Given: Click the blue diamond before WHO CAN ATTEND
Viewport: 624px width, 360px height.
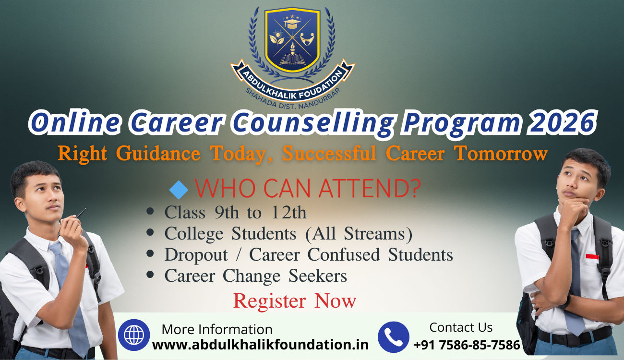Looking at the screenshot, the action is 179,190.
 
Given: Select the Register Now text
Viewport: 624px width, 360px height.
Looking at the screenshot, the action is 294,301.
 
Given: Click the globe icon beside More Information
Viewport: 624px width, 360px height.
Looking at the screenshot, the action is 134,335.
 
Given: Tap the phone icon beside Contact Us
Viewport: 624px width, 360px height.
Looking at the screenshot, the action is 393,337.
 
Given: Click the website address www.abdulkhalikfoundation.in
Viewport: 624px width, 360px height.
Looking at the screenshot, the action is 261,345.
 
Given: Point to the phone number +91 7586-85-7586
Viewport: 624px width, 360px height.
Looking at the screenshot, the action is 467,345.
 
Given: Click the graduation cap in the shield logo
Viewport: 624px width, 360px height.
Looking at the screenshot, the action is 292,23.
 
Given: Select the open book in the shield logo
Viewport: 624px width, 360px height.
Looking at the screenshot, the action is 292,60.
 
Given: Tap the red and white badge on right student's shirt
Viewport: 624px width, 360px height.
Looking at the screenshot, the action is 592,258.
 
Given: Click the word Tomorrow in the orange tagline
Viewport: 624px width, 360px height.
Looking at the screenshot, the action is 500,154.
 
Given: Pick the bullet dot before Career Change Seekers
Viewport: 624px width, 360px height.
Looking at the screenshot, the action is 150,275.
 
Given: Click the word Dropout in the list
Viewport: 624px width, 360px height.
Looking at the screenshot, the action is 196,255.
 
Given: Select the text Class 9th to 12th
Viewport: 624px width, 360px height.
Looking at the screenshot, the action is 235,213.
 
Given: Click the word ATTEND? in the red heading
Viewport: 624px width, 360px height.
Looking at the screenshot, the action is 370,189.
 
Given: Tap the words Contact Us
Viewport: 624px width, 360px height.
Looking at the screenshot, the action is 461,327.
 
